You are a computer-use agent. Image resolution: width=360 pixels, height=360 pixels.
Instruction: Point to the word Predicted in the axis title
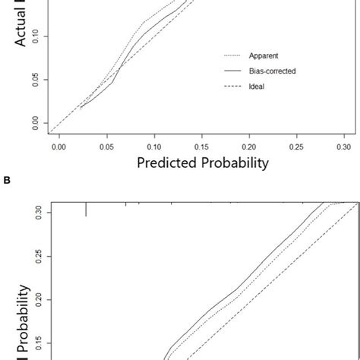tap(166, 162)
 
